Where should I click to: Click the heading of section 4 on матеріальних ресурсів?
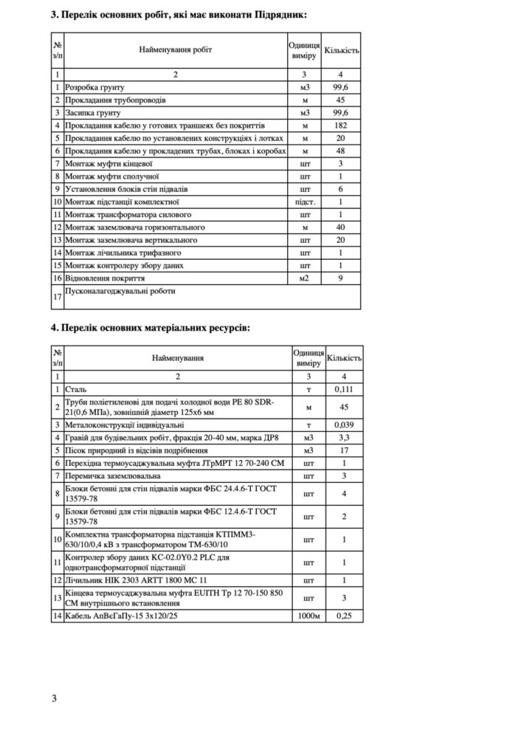(x=151, y=326)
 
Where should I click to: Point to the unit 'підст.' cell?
(x=304, y=201)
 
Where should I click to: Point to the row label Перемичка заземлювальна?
(x=114, y=476)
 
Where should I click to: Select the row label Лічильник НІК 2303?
(x=136, y=580)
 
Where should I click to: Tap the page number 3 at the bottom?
(x=54, y=698)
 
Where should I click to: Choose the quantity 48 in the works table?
(x=340, y=151)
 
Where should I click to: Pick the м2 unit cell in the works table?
(x=304, y=278)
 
